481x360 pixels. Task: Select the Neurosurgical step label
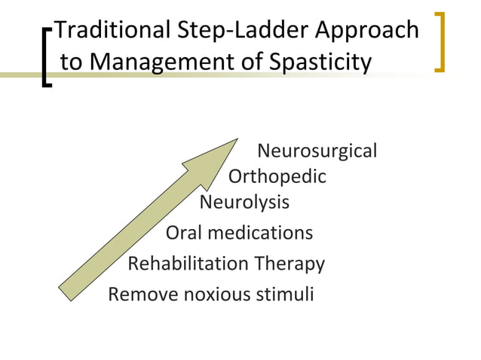(x=317, y=151)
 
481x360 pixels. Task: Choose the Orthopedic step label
(x=277, y=178)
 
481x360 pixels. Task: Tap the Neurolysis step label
(x=244, y=203)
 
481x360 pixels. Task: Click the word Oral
(x=184, y=233)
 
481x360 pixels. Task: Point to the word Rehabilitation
(x=188, y=264)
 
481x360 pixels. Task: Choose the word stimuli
(x=286, y=294)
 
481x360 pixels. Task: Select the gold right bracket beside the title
(x=441, y=41)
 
